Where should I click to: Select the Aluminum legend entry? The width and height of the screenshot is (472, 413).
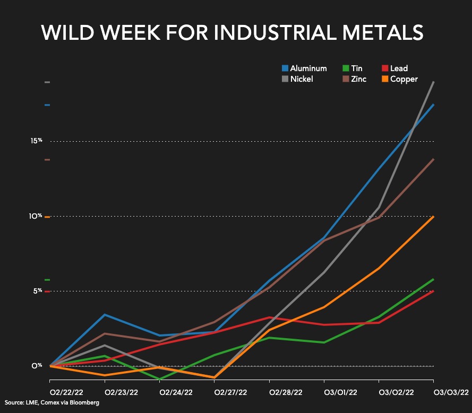click(304, 68)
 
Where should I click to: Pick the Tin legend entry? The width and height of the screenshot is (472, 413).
click(351, 68)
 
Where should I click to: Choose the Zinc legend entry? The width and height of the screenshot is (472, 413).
click(354, 79)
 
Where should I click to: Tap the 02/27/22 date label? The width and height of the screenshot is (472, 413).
click(230, 392)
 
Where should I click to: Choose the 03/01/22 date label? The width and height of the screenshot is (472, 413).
click(339, 392)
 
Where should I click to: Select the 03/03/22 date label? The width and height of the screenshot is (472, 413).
click(450, 392)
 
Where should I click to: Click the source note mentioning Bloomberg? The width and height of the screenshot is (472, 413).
click(52, 403)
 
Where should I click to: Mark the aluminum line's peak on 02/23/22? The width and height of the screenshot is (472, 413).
click(105, 315)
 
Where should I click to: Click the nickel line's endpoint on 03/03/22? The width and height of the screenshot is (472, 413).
click(433, 82)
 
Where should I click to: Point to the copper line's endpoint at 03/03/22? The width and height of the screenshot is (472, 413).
click(433, 217)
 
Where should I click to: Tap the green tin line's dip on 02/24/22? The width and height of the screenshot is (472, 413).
click(160, 379)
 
